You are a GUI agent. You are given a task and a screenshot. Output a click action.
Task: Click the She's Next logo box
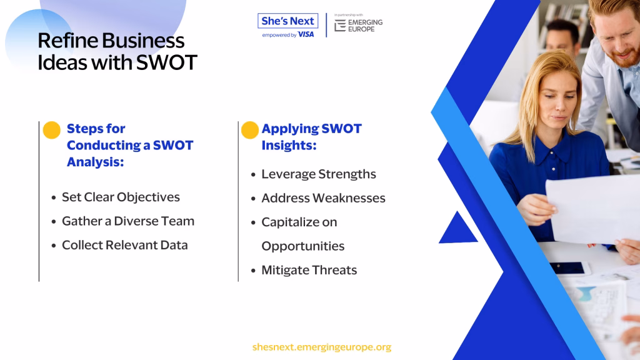point(287,21)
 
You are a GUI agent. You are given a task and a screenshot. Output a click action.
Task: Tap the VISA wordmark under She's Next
point(306,35)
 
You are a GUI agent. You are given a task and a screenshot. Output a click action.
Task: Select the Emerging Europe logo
point(358,25)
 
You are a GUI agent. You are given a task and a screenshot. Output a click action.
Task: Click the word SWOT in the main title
point(166,62)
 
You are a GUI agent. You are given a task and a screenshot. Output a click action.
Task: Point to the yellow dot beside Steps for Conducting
point(52,130)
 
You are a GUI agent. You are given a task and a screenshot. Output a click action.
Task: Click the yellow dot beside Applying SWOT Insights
point(250,130)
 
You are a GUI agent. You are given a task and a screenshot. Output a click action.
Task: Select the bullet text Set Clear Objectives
point(121,197)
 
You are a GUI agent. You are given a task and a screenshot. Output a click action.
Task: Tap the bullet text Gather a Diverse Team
point(128,221)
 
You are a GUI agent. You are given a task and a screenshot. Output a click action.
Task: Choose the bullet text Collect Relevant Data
point(125,245)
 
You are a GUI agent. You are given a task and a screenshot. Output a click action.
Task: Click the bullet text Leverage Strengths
point(319,174)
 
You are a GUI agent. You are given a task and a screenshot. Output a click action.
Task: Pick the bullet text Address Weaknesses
point(323,198)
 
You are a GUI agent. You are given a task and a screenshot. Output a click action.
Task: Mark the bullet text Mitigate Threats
point(309,270)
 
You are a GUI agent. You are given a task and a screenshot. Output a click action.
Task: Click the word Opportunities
point(303,246)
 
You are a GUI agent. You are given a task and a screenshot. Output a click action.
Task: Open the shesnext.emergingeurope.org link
point(322,347)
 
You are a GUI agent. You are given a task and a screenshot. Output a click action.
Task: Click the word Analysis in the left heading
point(96,162)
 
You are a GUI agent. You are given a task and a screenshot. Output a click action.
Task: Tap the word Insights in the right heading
point(289,145)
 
